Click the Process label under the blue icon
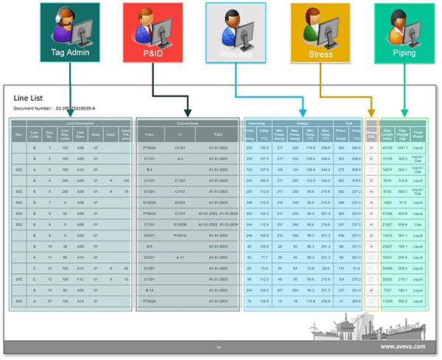click(x=236, y=54)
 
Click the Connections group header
click(x=188, y=123)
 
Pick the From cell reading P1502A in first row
click(x=149, y=147)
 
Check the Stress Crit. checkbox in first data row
click(x=371, y=147)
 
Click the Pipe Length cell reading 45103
click(x=387, y=147)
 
